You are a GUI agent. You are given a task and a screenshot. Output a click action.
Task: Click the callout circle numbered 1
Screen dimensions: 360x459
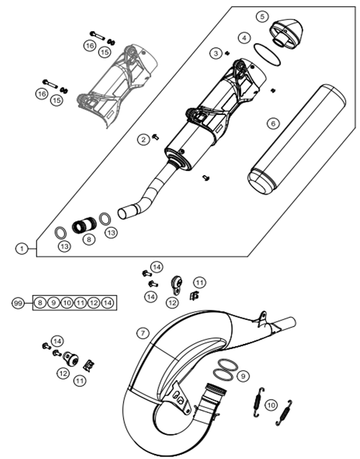[x=21, y=249]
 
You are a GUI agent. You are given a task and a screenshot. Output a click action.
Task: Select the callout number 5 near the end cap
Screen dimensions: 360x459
[x=262, y=16]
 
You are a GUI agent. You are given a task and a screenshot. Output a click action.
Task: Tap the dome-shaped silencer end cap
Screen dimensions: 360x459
[x=286, y=32]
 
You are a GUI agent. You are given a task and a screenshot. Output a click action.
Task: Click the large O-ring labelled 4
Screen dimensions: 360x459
[x=268, y=55]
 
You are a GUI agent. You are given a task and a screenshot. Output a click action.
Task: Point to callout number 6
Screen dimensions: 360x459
[x=273, y=124]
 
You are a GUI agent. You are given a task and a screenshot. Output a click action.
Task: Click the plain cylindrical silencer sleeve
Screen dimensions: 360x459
[x=297, y=140]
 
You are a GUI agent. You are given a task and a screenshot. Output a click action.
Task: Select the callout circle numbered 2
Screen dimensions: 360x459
[x=143, y=139]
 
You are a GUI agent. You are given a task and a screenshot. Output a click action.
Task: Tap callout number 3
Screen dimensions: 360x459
[x=216, y=53]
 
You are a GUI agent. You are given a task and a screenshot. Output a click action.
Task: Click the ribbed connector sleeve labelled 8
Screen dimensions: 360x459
[x=84, y=225]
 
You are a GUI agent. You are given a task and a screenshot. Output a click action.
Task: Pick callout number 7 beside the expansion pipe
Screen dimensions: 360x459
[x=143, y=333]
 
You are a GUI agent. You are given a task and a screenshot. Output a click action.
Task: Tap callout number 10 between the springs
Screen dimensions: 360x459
[x=271, y=406]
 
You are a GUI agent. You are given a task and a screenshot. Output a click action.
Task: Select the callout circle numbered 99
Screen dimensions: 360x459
[x=18, y=303]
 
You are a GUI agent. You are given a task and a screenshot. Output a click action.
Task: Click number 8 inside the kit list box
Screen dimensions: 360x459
[x=40, y=302]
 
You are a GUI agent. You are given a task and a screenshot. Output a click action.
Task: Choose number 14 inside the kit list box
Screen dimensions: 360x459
[x=107, y=302]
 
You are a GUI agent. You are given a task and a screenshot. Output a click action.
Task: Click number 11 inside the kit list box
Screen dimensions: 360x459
[x=80, y=302]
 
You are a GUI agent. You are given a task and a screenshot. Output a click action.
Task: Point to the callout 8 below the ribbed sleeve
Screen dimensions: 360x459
[x=89, y=240]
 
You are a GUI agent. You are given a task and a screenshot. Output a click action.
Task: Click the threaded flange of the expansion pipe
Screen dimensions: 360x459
[x=216, y=390]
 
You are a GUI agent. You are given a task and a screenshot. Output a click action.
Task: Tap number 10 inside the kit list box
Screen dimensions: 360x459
[x=67, y=302]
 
